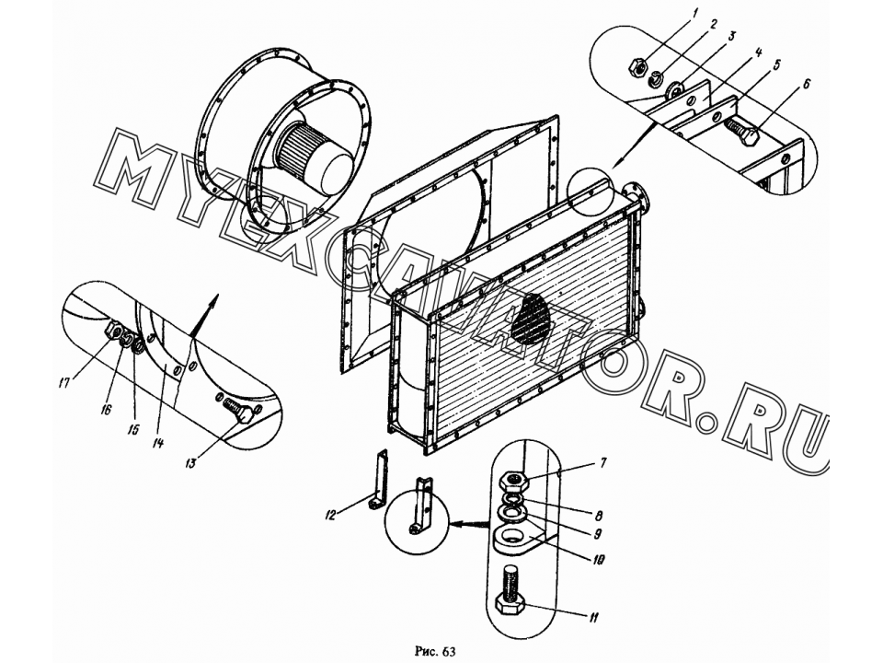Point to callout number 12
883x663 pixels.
click(330, 514)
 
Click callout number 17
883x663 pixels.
click(63, 383)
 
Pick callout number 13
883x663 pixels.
click(190, 463)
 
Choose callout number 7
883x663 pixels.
click(603, 463)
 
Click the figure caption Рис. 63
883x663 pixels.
click(435, 652)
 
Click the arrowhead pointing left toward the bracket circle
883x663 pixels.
click(463, 524)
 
